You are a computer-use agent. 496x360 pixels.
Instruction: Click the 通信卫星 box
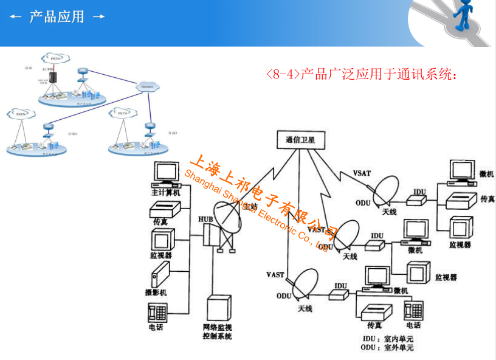click(x=300, y=139)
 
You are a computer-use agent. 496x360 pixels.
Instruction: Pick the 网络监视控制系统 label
click(x=218, y=332)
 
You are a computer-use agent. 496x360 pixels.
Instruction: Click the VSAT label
click(x=362, y=173)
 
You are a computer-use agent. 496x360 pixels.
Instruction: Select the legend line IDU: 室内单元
click(x=388, y=338)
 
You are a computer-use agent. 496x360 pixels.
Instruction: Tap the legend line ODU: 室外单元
click(x=388, y=348)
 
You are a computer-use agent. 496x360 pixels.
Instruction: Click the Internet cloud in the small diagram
click(x=146, y=86)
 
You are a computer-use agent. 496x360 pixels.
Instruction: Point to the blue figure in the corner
click(x=466, y=15)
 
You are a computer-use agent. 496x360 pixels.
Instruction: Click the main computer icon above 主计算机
click(x=165, y=175)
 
